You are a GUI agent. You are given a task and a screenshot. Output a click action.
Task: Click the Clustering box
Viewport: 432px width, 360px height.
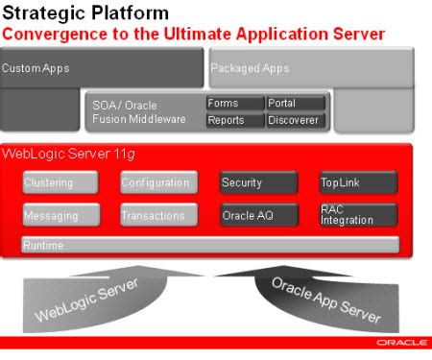tap(60, 182)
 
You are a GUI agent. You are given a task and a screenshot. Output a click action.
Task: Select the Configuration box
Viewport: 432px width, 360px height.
tap(158, 182)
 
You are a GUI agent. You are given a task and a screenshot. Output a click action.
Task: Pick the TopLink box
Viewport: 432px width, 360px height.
tap(357, 182)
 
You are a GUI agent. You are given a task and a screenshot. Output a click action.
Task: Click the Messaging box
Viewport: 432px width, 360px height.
tap(60, 215)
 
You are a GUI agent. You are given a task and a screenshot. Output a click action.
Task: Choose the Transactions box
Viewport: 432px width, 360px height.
tap(158, 215)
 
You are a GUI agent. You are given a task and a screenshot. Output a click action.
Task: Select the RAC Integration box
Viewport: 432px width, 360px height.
tap(357, 215)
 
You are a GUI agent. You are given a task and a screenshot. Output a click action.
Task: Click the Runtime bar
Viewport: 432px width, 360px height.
tap(209, 246)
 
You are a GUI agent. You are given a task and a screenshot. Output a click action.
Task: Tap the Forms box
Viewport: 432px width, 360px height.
tap(235, 104)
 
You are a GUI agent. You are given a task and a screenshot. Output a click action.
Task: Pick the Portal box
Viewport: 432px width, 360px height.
tap(296, 104)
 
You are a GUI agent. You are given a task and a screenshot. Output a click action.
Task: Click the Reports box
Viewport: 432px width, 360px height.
tap(235, 120)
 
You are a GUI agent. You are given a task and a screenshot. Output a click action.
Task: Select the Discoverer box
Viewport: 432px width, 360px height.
tap(296, 120)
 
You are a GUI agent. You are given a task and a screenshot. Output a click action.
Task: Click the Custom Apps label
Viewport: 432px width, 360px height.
tap(36, 68)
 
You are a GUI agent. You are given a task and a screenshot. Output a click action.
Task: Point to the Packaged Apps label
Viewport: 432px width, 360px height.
tap(250, 68)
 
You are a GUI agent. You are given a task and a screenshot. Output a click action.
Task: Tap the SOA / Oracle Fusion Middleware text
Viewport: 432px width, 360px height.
tap(138, 111)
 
